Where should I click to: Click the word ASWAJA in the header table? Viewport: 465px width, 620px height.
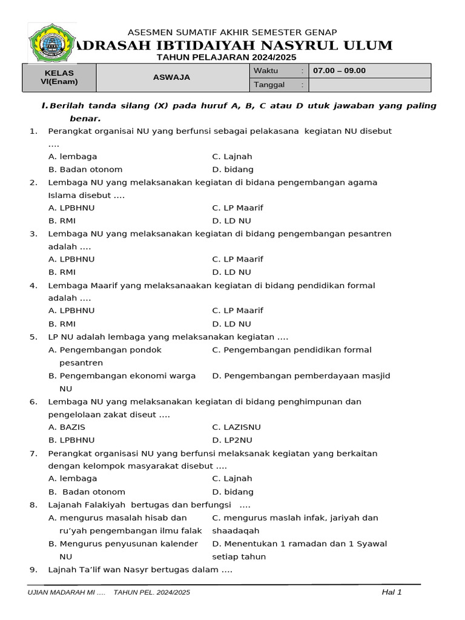pos(171,77)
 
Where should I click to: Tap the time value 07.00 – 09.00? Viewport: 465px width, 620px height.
pos(339,71)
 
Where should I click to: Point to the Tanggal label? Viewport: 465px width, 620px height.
pos(269,85)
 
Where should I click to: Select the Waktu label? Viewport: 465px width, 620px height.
pos(266,71)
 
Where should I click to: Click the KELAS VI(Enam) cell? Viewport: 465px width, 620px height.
pos(59,77)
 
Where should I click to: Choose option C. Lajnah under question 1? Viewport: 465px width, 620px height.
pos(232,157)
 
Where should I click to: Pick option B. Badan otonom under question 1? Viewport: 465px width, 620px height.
pos(85,170)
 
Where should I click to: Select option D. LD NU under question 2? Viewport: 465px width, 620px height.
pos(231,221)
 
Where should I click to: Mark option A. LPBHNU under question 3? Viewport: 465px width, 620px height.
pos(71,259)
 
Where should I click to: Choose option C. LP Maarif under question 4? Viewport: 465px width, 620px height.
pos(237,311)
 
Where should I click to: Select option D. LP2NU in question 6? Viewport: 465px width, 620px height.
pos(232,440)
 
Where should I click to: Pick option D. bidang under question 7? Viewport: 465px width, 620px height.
pos(232,492)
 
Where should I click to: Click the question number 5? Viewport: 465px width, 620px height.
pos(33,337)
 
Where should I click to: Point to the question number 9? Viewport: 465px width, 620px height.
pos(33,570)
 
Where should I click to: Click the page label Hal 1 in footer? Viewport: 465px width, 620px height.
pos(392,592)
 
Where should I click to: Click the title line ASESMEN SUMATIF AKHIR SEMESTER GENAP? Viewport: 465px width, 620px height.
pos(232,32)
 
